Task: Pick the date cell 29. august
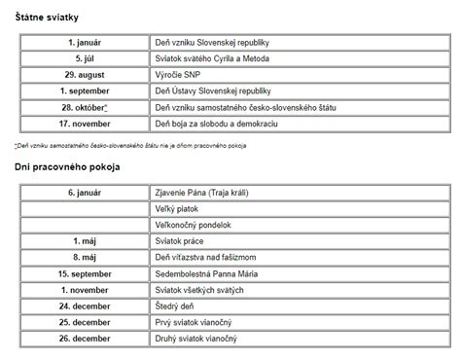(x=86, y=76)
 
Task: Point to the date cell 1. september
(x=86, y=91)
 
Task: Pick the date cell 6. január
(x=86, y=195)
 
